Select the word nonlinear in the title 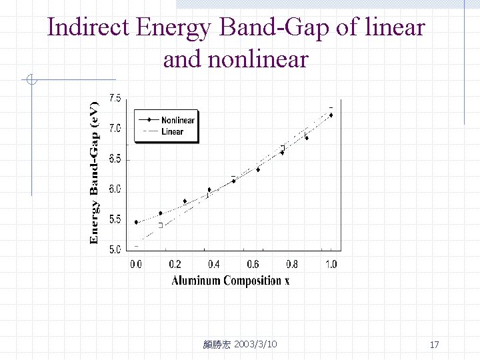point(258,59)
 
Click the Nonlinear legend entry point(177,121)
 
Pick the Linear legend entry point(172,131)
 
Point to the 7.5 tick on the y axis point(115,98)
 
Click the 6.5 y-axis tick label point(115,159)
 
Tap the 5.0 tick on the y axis point(115,250)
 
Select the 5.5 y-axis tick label point(115,219)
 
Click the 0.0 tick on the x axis point(135,264)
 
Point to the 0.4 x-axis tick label point(213,264)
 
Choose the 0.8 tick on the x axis point(291,264)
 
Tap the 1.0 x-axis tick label point(331,264)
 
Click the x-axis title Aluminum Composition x point(230,281)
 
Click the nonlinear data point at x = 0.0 point(136,222)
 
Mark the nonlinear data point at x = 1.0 point(331,115)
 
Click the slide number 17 point(434,345)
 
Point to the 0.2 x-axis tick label point(175,264)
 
